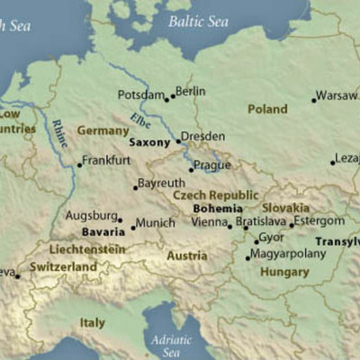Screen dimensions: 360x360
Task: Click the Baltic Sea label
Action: pos(199,22)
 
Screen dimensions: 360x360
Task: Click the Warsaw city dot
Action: pos(314,100)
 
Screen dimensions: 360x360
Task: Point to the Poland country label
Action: pos(267,110)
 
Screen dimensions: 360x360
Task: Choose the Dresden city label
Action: pos(202,136)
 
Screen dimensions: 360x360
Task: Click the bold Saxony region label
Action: pos(148,142)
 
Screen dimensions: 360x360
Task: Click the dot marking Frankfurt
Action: pos(78,165)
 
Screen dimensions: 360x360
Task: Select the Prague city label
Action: pos(213,166)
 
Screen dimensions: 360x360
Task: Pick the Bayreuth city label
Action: pos(163,183)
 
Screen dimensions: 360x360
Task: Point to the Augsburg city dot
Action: pos(120,220)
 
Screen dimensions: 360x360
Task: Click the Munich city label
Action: pos(154,222)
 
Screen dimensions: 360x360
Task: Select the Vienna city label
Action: pos(209,221)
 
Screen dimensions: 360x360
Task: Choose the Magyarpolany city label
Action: pos(287,255)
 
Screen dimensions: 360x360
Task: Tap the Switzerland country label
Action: pos(62,267)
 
